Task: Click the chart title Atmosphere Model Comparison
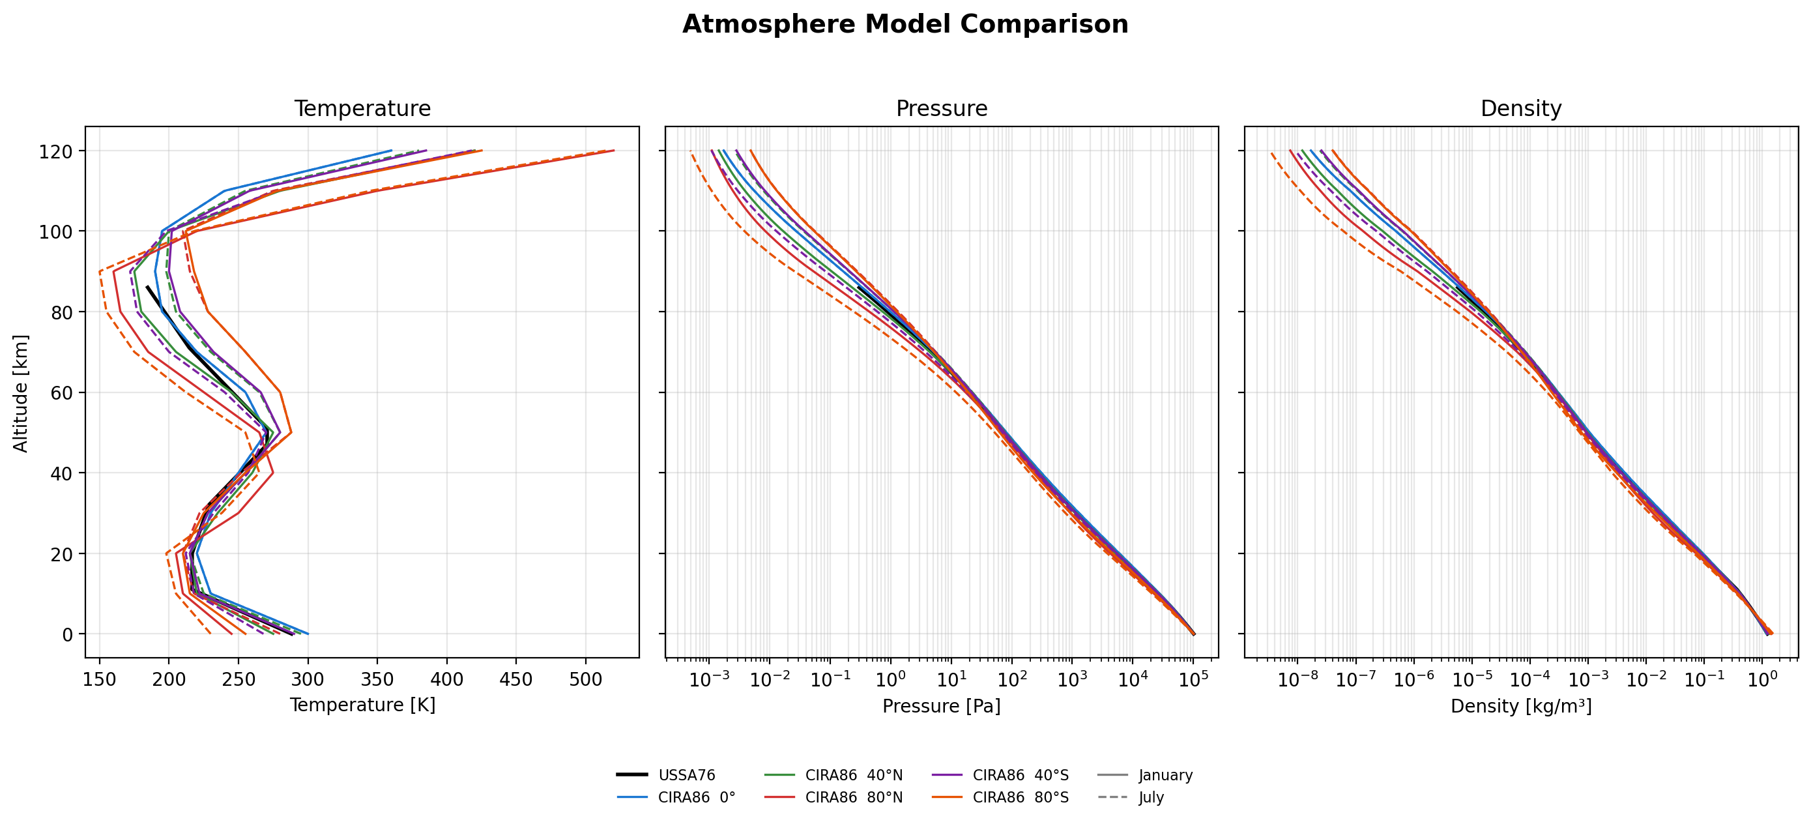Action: pos(905,25)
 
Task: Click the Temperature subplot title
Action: pos(362,108)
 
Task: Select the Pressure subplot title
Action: pos(942,108)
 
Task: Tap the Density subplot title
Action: pos(1520,108)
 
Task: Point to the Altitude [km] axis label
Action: pos(21,393)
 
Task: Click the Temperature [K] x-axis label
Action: pos(362,705)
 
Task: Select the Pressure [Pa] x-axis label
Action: pos(942,706)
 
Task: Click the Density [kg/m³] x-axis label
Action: pos(1520,706)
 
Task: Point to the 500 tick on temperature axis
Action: pos(585,680)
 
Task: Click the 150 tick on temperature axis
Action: pos(99,680)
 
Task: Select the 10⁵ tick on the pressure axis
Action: pos(1193,680)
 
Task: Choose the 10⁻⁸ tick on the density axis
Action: pos(1297,680)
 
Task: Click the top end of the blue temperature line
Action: pos(392,151)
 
